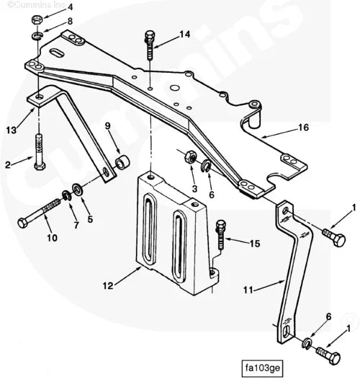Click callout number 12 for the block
pyautogui.click(x=107, y=286)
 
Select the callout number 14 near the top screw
pyautogui.click(x=185, y=34)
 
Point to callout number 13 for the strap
pyautogui.click(x=11, y=130)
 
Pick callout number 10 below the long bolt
pyautogui.click(x=51, y=238)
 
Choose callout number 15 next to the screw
pyautogui.click(x=254, y=244)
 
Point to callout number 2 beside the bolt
pyautogui.click(x=7, y=164)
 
